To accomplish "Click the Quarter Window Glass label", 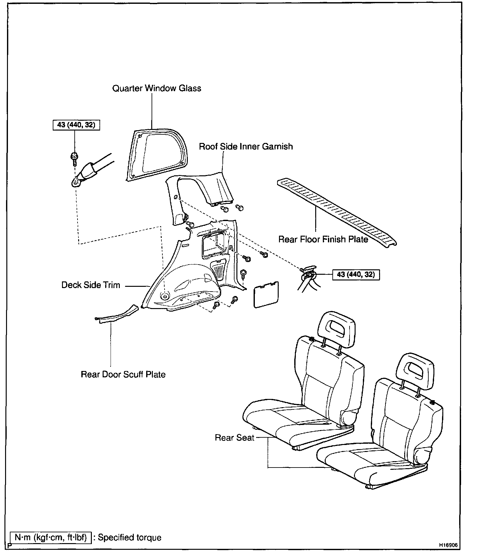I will [x=157, y=88].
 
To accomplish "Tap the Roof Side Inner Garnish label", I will [x=246, y=146].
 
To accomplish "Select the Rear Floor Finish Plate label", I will [x=323, y=239].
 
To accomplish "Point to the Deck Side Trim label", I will [x=91, y=285].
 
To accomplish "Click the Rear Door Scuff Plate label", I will [x=123, y=374].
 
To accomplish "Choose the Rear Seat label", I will [x=235, y=438].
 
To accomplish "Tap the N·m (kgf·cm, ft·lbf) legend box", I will [x=51, y=537].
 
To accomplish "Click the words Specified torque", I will [x=130, y=537].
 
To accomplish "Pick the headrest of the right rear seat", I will [x=415, y=370].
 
